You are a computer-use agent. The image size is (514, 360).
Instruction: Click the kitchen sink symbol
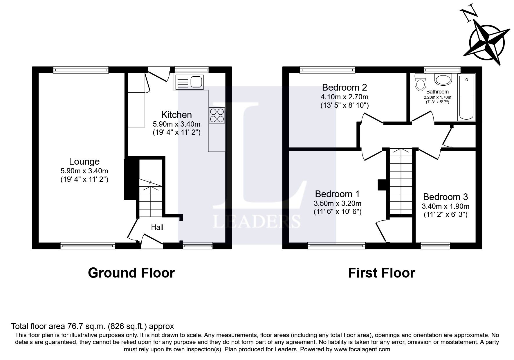click(189, 82)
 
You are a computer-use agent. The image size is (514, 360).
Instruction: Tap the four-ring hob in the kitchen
click(217, 115)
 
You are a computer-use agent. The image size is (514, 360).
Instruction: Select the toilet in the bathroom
click(420, 82)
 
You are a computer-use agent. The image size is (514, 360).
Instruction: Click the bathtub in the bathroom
click(466, 97)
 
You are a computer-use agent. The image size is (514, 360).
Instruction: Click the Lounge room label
click(84, 161)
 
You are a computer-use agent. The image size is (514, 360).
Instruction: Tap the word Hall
click(157, 227)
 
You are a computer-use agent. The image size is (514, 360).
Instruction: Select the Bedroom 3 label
click(445, 197)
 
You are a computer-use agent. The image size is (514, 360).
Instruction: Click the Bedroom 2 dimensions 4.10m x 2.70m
click(345, 97)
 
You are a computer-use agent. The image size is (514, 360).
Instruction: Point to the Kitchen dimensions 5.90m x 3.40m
click(176, 124)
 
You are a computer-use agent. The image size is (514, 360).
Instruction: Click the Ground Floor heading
click(131, 273)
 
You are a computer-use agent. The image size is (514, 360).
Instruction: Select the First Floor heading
click(381, 273)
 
